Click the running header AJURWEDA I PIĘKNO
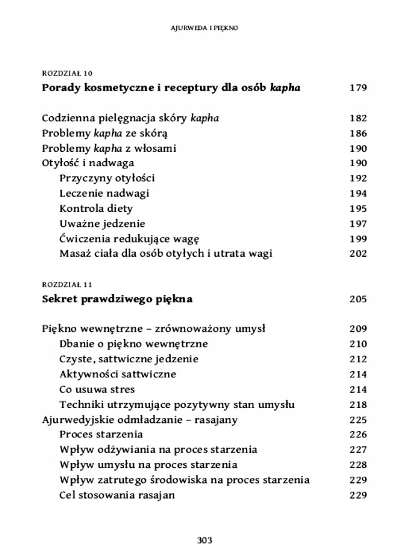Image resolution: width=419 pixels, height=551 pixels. click(x=209, y=28)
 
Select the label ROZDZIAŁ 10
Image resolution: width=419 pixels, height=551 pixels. click(x=68, y=73)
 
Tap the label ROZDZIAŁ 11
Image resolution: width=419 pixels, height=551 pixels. click(x=67, y=284)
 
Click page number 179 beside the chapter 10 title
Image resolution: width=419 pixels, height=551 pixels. click(x=358, y=88)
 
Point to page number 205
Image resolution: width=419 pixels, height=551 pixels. click(x=358, y=299)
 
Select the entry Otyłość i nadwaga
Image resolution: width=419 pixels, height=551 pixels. click(x=88, y=164)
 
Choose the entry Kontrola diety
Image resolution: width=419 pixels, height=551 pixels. click(x=96, y=209)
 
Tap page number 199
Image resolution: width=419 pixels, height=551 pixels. click(x=358, y=239)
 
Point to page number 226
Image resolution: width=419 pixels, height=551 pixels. click(x=358, y=435)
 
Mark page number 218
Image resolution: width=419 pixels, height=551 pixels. click(x=358, y=405)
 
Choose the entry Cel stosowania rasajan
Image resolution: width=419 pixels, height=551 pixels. click(x=117, y=495)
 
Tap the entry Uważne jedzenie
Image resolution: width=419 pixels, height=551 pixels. click(x=102, y=224)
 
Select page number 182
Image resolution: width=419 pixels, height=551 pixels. click(x=358, y=118)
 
